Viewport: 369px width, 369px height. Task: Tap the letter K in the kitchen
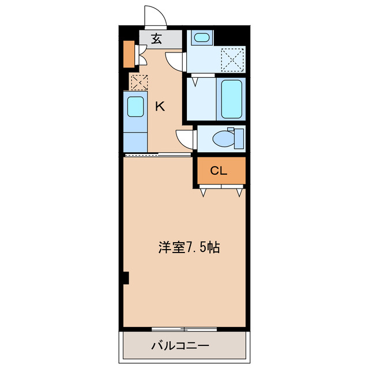tap(160, 106)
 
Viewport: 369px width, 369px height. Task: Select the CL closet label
tap(219, 171)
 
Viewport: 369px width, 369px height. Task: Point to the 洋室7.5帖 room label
tap(189, 247)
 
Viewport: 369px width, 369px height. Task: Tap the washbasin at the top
tap(201, 38)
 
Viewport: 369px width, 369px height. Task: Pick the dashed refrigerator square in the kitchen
tap(138, 82)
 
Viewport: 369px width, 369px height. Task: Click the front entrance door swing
tap(155, 17)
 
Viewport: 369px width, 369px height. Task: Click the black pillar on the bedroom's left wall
tap(125, 278)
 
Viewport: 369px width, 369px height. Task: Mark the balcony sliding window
tap(184, 329)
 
